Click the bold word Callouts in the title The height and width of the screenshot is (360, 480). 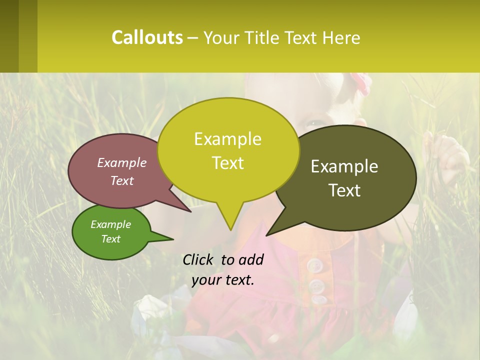(147, 37)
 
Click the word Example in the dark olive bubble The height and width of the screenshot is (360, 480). (344, 166)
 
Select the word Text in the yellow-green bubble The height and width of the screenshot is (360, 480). (228, 163)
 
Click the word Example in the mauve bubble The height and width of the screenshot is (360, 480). (122, 162)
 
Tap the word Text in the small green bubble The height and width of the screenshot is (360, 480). (111, 239)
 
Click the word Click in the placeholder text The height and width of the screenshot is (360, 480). (198, 259)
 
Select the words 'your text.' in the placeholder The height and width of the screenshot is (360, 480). (223, 280)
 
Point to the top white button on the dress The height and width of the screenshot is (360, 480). (314, 265)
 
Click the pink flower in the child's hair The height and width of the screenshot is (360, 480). (360, 82)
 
